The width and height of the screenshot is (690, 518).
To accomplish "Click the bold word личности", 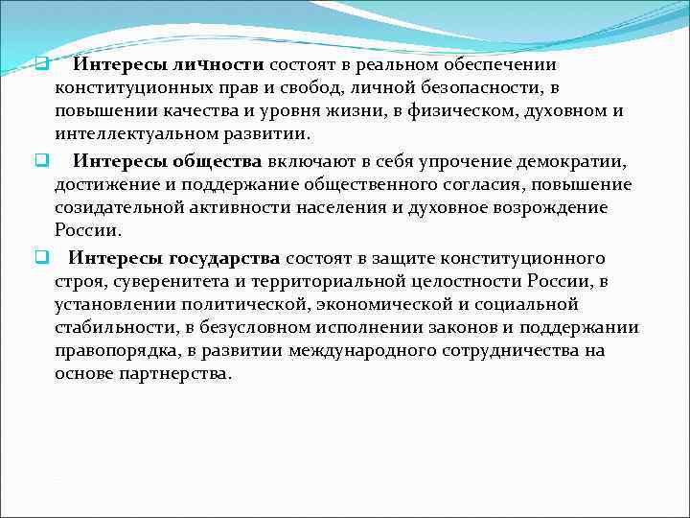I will (218, 65).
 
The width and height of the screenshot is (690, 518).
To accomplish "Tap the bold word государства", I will (226, 258).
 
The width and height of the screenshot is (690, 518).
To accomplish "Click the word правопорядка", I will (118, 350).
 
